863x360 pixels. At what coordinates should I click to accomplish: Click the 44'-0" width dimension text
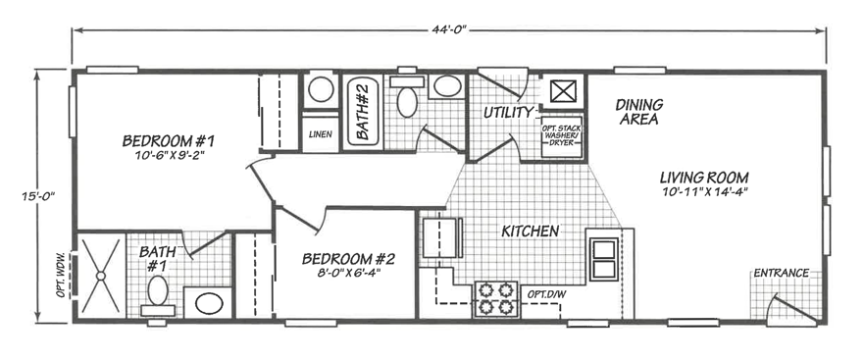click(449, 29)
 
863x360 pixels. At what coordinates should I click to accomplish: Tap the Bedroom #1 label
click(168, 141)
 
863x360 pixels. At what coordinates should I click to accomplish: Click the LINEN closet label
click(320, 133)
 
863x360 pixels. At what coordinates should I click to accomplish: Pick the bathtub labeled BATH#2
click(362, 112)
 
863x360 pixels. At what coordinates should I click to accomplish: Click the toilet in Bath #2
click(407, 96)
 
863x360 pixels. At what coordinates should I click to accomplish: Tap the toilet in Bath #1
click(158, 295)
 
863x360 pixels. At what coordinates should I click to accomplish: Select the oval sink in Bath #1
click(209, 303)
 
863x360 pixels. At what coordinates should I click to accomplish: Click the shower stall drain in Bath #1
click(101, 276)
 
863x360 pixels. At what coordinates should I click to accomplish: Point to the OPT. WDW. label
click(62, 276)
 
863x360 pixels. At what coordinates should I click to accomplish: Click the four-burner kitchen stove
click(496, 299)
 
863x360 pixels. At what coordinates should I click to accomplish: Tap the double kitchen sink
click(604, 259)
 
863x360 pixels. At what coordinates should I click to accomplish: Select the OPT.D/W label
click(546, 294)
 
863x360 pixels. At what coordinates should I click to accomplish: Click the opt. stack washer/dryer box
click(562, 136)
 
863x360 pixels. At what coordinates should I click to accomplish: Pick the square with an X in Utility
click(563, 91)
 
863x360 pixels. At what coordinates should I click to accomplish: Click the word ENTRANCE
click(781, 273)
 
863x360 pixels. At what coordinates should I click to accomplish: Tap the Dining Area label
click(639, 112)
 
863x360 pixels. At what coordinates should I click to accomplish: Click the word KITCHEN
click(530, 231)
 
